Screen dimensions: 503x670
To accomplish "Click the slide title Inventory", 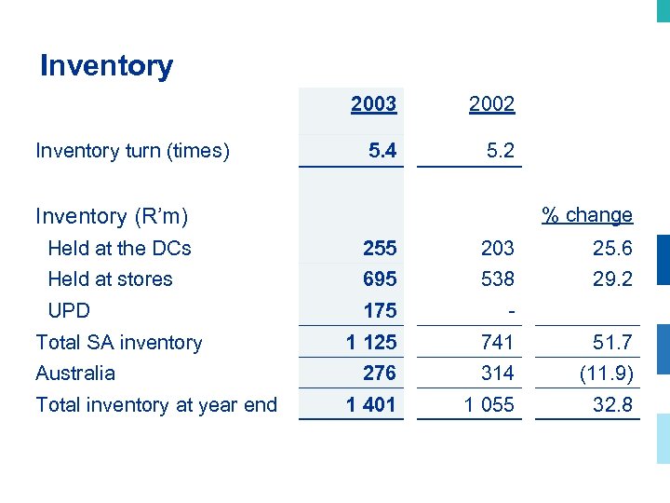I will [106, 66].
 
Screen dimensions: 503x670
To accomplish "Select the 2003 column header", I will [373, 103].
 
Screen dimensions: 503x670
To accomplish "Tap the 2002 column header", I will [491, 104].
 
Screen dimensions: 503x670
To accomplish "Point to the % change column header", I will [587, 215].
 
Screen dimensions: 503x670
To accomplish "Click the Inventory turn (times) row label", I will [132, 150].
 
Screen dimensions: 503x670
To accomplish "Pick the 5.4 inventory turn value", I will [382, 150].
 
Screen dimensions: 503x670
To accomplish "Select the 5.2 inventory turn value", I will [500, 150].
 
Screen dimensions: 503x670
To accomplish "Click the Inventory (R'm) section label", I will [112, 216].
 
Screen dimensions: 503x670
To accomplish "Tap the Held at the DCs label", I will [119, 248].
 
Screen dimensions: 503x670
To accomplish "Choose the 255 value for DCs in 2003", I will [380, 248].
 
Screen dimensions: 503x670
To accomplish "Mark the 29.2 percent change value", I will [612, 279].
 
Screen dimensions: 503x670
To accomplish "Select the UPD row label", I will [69, 310].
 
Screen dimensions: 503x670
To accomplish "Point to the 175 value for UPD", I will [380, 310].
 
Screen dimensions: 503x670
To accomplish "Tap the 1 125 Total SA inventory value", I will [371, 342].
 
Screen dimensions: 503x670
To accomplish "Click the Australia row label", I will [75, 373].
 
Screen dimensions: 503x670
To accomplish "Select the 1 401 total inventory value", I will [371, 404].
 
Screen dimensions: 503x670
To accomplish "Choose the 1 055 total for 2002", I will [489, 404].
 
